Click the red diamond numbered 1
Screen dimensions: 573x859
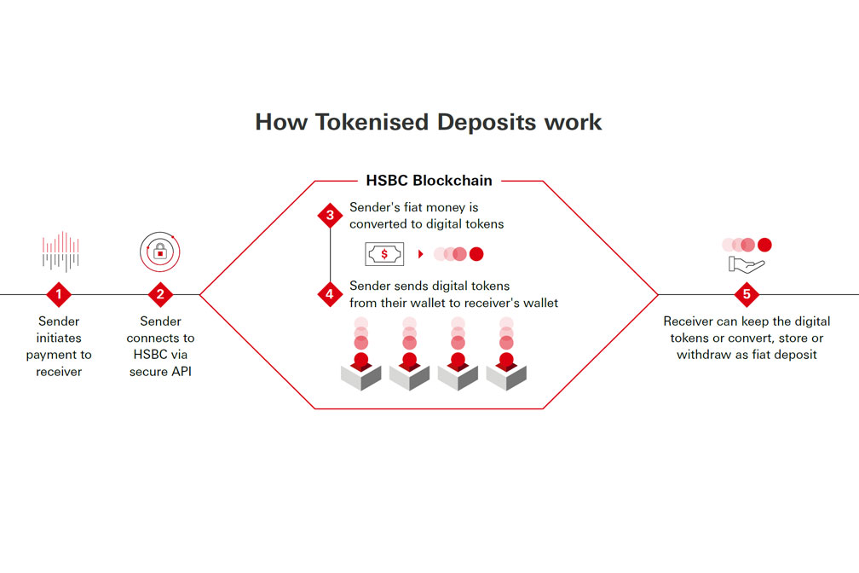(59, 295)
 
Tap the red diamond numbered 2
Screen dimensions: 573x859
(160, 295)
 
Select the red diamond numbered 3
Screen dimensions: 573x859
(330, 214)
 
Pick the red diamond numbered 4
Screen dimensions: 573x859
(330, 295)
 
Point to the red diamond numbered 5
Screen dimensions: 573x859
(747, 295)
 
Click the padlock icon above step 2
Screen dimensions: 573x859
(160, 251)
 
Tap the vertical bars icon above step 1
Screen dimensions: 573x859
(60, 252)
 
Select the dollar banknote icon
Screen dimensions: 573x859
(383, 253)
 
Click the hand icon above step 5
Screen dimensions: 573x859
(747, 264)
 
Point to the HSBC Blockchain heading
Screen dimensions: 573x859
(429, 181)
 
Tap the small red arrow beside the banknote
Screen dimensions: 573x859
(421, 254)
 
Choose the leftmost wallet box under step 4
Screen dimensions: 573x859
(360, 373)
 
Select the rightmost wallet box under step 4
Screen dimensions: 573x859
(507, 373)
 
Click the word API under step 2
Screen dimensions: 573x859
(178, 371)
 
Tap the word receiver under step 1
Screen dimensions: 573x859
(59, 371)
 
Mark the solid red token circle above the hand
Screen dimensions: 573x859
(764, 245)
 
